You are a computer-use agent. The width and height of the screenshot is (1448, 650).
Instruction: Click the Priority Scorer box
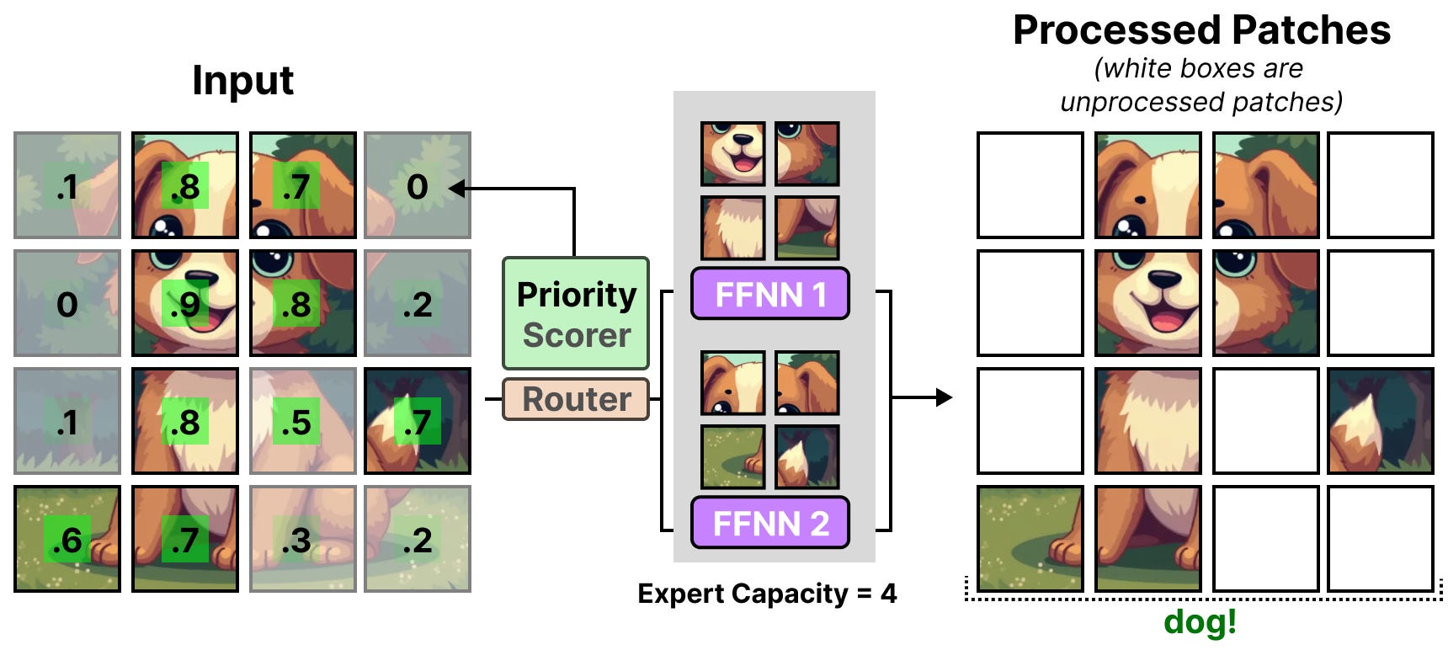pos(576,313)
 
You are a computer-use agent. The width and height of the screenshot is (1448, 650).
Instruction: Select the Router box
pos(576,399)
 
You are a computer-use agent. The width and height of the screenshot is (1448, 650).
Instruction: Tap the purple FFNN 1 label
pos(769,295)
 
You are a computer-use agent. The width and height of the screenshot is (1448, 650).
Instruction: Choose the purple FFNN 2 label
pos(769,523)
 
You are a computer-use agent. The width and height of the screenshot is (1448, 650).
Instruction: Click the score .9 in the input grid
pos(184,305)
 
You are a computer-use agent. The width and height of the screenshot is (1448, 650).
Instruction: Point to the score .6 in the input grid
pos(67,541)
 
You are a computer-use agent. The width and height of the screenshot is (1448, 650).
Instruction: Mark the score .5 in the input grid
pos(296,423)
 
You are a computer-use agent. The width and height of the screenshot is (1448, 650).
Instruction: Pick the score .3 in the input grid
pos(296,541)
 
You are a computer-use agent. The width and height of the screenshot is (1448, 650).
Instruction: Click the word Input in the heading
pos(242,81)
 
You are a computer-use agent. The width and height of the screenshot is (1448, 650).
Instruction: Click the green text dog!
pos(1200,622)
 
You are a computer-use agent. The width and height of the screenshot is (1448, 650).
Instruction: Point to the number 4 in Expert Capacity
pos(888,594)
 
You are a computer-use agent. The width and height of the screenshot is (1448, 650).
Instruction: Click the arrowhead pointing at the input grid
pos(457,188)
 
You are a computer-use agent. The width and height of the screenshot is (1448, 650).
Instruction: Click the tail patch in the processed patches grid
pos(1381,421)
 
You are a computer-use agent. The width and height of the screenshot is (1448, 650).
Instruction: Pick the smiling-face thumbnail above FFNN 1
pos(733,153)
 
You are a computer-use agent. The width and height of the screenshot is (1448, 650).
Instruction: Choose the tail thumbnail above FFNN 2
pos(807,457)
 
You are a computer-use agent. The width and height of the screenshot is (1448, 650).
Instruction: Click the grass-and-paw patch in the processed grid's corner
pos(1030,539)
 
